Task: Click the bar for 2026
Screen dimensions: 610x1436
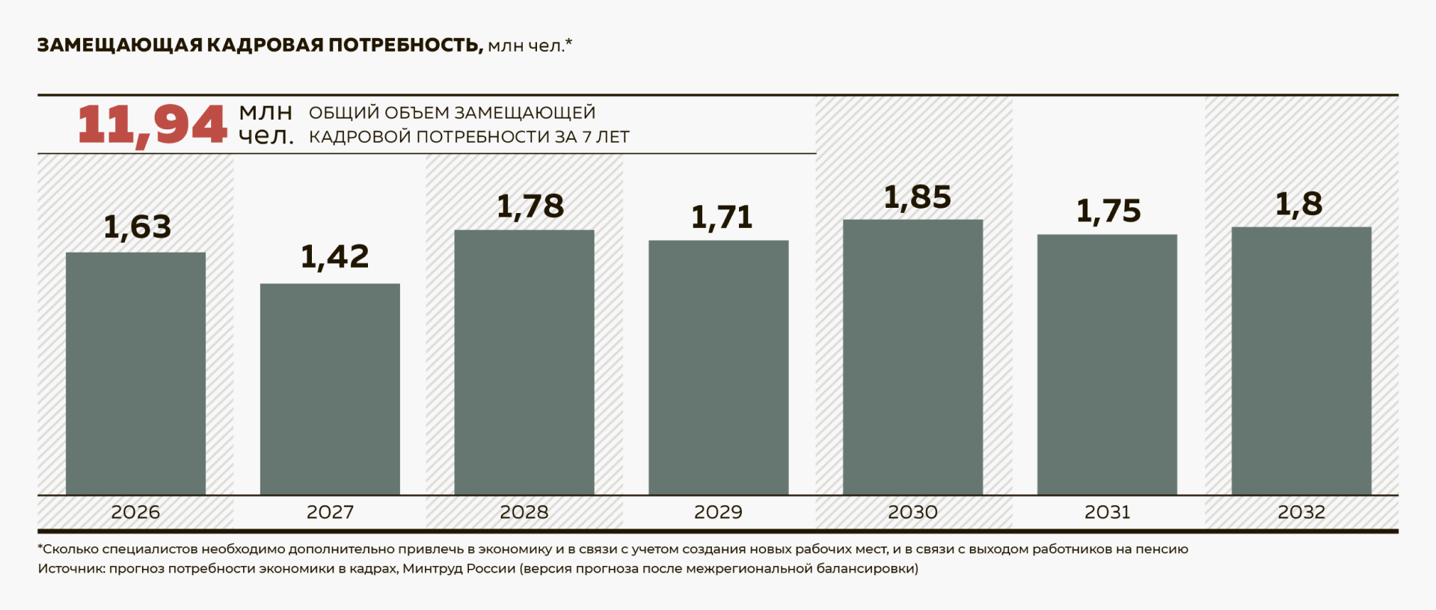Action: click(x=135, y=374)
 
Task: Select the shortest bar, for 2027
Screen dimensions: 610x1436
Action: click(x=330, y=389)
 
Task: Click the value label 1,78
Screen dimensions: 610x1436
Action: click(x=530, y=207)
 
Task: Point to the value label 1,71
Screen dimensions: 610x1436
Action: click(x=722, y=218)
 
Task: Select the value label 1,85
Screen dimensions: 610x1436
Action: click(x=918, y=198)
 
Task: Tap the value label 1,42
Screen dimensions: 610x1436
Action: click(x=334, y=257)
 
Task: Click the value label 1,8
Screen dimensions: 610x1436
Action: click(x=1299, y=205)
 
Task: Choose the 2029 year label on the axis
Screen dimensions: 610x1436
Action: click(x=718, y=513)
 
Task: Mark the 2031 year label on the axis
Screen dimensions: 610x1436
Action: click(x=1107, y=513)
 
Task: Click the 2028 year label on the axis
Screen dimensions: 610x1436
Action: click(x=524, y=513)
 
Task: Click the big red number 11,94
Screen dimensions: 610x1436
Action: click(x=152, y=125)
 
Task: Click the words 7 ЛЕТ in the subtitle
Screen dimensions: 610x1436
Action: click(x=605, y=138)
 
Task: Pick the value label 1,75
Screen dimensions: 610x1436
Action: click(x=1108, y=212)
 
